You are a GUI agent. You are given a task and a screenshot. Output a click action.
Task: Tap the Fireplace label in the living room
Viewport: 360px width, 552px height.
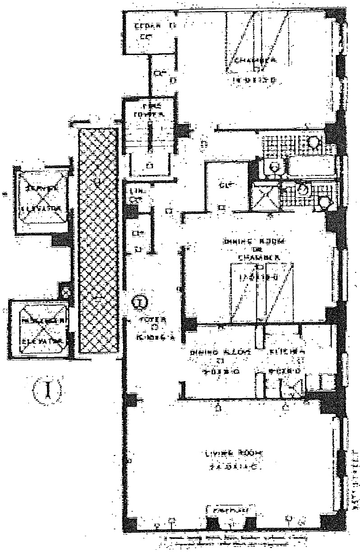pos(228,510)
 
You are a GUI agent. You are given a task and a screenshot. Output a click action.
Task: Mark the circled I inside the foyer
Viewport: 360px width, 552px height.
pos(141,301)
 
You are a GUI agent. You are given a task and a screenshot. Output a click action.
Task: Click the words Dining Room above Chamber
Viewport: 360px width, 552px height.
pos(254,241)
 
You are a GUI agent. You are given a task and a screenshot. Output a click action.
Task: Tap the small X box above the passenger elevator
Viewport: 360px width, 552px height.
pos(66,292)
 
